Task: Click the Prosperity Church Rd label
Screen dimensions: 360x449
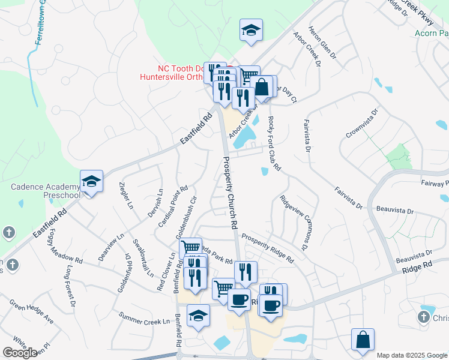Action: point(231,191)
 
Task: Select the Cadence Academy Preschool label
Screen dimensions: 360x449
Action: point(45,191)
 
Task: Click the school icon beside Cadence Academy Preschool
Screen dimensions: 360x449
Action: point(91,181)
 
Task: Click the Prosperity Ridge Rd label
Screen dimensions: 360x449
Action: point(268,248)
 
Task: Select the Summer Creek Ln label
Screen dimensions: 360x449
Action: point(144,318)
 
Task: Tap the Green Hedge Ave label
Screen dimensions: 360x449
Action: point(31,314)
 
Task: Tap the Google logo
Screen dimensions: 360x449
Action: point(20,353)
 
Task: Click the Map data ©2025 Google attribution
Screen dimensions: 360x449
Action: point(412,355)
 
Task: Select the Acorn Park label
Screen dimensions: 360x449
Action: point(432,34)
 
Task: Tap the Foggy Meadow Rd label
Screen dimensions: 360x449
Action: point(59,248)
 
